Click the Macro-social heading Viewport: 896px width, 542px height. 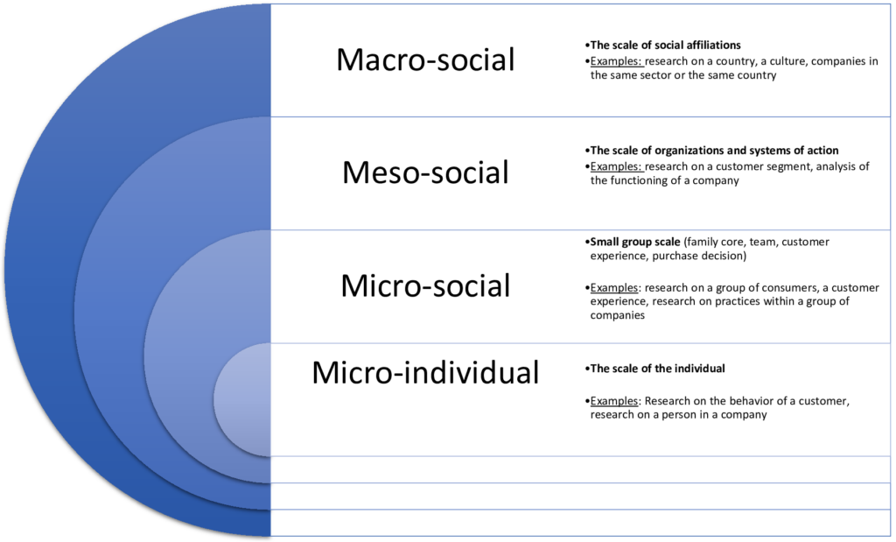tap(426, 60)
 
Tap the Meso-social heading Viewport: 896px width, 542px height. tap(426, 172)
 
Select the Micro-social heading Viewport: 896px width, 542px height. tap(426, 285)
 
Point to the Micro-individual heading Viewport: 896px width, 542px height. tap(426, 372)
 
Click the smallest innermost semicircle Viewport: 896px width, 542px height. tap(243, 399)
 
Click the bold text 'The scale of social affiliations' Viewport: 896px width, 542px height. tap(666, 46)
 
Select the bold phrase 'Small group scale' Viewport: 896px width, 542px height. tap(635, 242)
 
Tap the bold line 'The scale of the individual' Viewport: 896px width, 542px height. tap(658, 369)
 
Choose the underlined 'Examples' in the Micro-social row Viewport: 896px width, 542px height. tap(613, 288)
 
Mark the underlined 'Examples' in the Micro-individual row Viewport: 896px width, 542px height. tap(613, 401)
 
